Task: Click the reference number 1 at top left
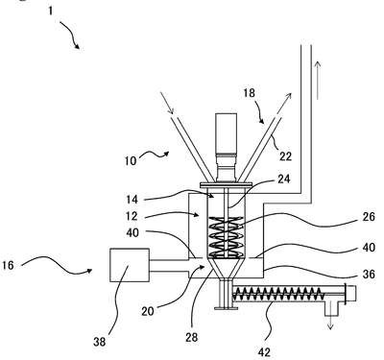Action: (51, 11)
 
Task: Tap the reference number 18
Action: (250, 93)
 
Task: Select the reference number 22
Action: (285, 156)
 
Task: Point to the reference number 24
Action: (284, 179)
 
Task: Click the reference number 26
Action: (369, 217)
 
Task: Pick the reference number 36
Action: (369, 274)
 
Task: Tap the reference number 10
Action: (131, 160)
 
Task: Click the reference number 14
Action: (132, 200)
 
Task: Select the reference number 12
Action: (132, 216)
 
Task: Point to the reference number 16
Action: (8, 265)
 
